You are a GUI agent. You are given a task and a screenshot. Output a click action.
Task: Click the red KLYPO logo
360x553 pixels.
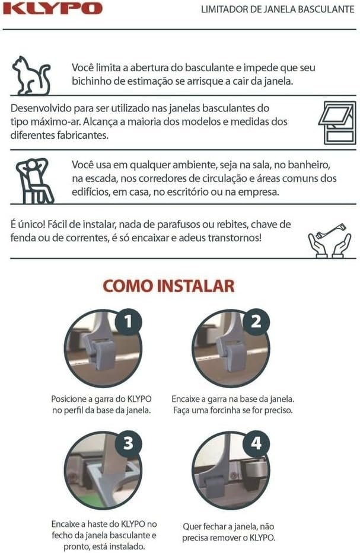tap(53, 8)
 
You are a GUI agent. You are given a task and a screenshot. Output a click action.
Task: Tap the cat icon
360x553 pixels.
tap(31, 76)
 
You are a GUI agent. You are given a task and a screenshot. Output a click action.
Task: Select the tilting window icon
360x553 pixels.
tap(337, 123)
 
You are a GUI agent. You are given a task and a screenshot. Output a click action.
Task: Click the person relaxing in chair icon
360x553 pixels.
tap(34, 181)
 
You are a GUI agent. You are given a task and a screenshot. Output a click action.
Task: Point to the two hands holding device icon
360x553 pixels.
tap(330, 241)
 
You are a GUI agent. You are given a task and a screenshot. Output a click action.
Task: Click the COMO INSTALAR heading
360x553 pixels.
tap(168, 286)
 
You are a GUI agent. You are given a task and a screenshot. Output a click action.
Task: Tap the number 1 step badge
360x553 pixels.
tap(129, 321)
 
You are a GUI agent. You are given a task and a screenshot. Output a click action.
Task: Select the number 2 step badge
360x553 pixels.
tap(256, 321)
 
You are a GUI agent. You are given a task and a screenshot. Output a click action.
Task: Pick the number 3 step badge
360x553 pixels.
tap(129, 443)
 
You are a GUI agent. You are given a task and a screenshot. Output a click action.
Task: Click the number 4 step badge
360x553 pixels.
tap(256, 443)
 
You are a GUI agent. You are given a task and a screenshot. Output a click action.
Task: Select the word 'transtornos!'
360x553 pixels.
tap(235, 237)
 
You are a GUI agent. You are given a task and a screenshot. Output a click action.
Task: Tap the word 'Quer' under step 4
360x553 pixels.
tap(190, 527)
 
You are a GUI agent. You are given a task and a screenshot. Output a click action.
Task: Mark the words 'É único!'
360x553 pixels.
tap(28, 224)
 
